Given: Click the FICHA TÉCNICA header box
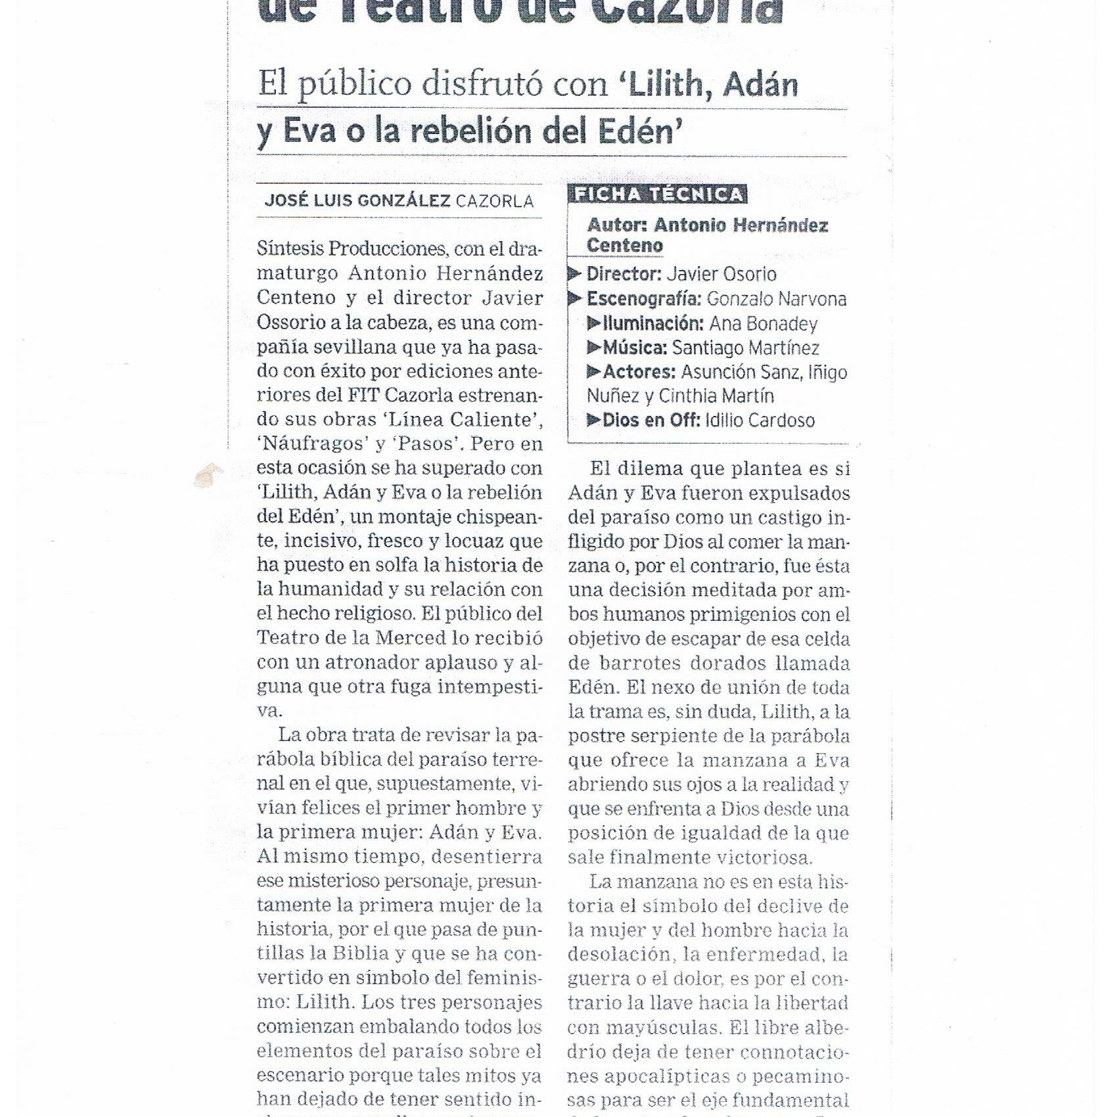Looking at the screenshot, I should [x=658, y=194].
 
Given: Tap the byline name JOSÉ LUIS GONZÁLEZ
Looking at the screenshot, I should [x=357, y=200].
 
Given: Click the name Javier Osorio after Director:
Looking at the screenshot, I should [x=721, y=274].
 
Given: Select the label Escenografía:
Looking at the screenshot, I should [x=643, y=299].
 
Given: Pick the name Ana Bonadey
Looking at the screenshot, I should [x=763, y=324].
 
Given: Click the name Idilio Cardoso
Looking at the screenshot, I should [x=760, y=421].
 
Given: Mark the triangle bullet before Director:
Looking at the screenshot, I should [x=576, y=273].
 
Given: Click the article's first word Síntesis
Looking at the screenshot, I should [x=290, y=249].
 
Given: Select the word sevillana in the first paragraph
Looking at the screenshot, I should [x=355, y=346].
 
